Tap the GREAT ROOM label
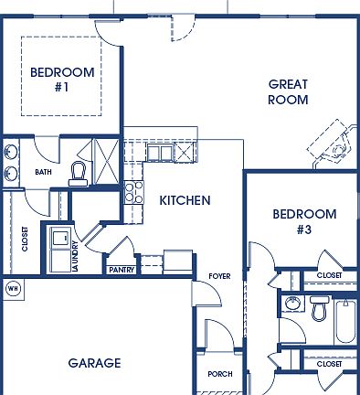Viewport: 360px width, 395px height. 288,92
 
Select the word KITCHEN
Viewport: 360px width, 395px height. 185,200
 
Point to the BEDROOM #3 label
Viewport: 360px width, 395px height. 304,222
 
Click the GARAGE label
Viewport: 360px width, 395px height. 94,363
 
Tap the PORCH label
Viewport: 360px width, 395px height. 220,374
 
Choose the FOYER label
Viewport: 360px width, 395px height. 218,276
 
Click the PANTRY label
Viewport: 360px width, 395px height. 122,271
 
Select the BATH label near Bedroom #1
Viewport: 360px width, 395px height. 43,172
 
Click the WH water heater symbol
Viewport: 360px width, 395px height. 13,289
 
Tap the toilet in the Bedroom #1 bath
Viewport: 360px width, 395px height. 79,172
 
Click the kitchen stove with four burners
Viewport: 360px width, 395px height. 134,192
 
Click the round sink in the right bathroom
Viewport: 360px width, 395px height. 292,304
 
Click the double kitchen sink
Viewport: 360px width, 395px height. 159,153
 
